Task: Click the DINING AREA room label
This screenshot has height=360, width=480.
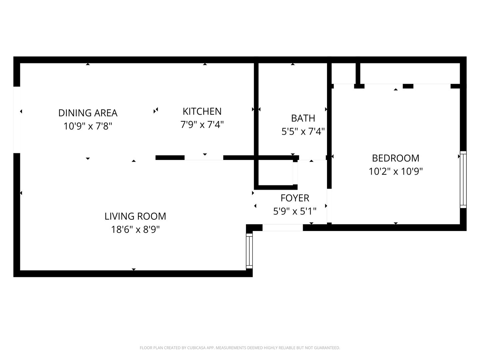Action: pyautogui.click(x=88, y=113)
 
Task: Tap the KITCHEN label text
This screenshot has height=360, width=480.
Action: pyautogui.click(x=202, y=111)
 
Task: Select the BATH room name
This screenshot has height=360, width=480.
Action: pyautogui.click(x=303, y=118)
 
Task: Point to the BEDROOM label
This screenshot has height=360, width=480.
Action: pyautogui.click(x=396, y=158)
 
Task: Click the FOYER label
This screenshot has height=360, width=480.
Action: pyautogui.click(x=295, y=198)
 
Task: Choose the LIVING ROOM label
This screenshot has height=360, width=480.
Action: pyautogui.click(x=135, y=216)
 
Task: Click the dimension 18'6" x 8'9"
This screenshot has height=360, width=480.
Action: pyautogui.click(x=135, y=229)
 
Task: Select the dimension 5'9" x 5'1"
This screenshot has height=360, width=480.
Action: pyautogui.click(x=295, y=211)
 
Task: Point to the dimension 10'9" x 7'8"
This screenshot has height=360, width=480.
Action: pyautogui.click(x=88, y=126)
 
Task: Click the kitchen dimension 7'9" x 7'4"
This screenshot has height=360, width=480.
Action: pyautogui.click(x=202, y=124)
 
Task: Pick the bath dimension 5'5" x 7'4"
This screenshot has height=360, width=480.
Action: pyautogui.click(x=303, y=131)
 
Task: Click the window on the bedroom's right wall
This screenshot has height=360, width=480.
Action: pyautogui.click(x=463, y=179)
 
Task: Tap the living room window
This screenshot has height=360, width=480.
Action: pyautogui.click(x=249, y=251)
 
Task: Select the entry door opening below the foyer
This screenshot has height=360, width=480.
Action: pyautogui.click(x=283, y=228)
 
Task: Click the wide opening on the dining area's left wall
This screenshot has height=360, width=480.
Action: pyautogui.click(x=17, y=120)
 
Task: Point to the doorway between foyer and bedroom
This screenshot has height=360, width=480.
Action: pyautogui.click(x=329, y=206)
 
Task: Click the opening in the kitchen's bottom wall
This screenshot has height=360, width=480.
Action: pyautogui.click(x=204, y=158)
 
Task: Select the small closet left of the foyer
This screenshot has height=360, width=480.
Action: pyautogui.click(x=276, y=172)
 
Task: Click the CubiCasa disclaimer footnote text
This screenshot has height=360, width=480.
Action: pyautogui.click(x=240, y=348)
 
